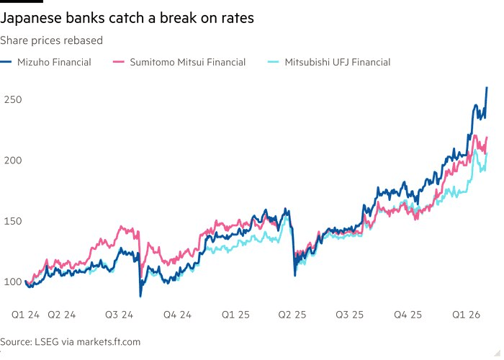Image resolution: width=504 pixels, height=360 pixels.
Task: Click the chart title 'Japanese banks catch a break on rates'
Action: pyautogui.click(x=127, y=18)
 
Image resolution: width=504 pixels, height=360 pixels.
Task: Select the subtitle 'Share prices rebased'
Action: pyautogui.click(x=52, y=40)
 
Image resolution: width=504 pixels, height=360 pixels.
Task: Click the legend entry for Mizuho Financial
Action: pyautogui.click(x=55, y=63)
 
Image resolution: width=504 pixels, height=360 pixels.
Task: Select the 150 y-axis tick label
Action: pyautogui.click(x=13, y=220)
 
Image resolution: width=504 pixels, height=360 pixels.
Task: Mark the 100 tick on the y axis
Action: pyautogui.click(x=13, y=281)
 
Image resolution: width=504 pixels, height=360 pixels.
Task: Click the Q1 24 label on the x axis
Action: pyautogui.click(x=25, y=315)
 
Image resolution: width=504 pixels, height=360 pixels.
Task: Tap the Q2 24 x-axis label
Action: pyautogui.click(x=62, y=315)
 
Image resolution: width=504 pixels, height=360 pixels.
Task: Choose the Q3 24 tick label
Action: pyautogui.click(x=119, y=315)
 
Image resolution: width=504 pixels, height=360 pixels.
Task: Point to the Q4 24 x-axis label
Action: pyautogui.click(x=176, y=315)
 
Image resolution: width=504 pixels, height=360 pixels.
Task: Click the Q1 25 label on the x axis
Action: pyautogui.click(x=235, y=315)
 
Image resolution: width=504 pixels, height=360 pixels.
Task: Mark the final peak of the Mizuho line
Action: pyautogui.click(x=487, y=87)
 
